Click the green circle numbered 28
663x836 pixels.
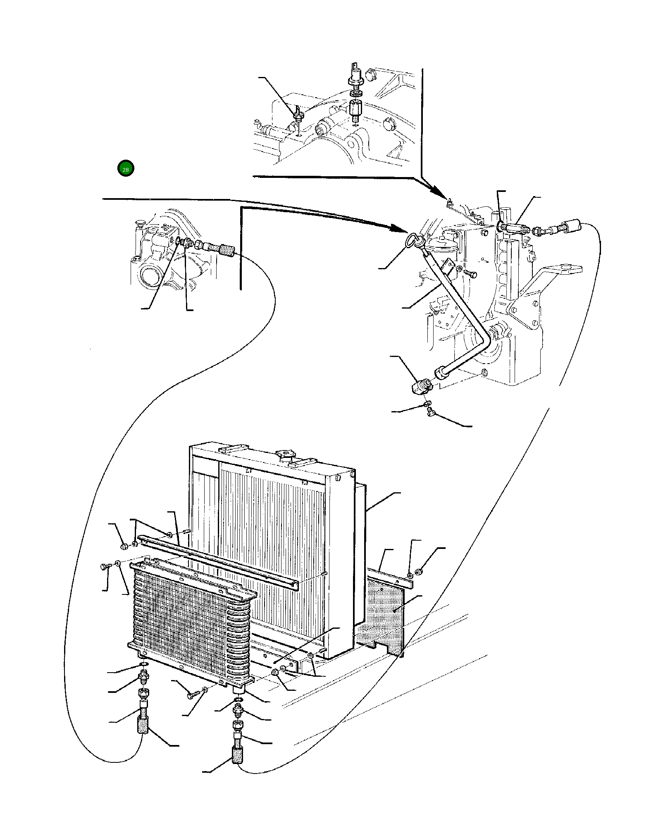(x=126, y=168)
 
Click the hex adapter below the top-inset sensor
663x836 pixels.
(x=355, y=109)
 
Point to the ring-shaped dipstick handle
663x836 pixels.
(x=413, y=240)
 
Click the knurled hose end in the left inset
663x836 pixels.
(x=226, y=250)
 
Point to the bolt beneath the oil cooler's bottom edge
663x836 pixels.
(x=192, y=696)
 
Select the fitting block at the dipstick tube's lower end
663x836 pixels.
(x=420, y=386)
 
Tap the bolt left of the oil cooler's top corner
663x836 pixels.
(x=104, y=567)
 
